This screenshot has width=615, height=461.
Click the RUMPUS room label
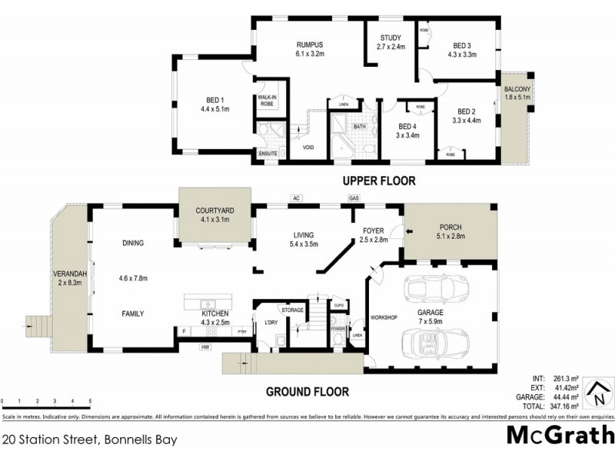308,44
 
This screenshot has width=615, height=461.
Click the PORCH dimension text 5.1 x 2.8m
451,237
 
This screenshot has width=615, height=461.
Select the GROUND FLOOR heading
307,391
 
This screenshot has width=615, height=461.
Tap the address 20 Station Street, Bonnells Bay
91,440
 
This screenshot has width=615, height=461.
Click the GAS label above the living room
354,198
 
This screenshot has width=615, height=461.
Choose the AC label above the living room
294,198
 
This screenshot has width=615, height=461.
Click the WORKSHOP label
384,317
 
